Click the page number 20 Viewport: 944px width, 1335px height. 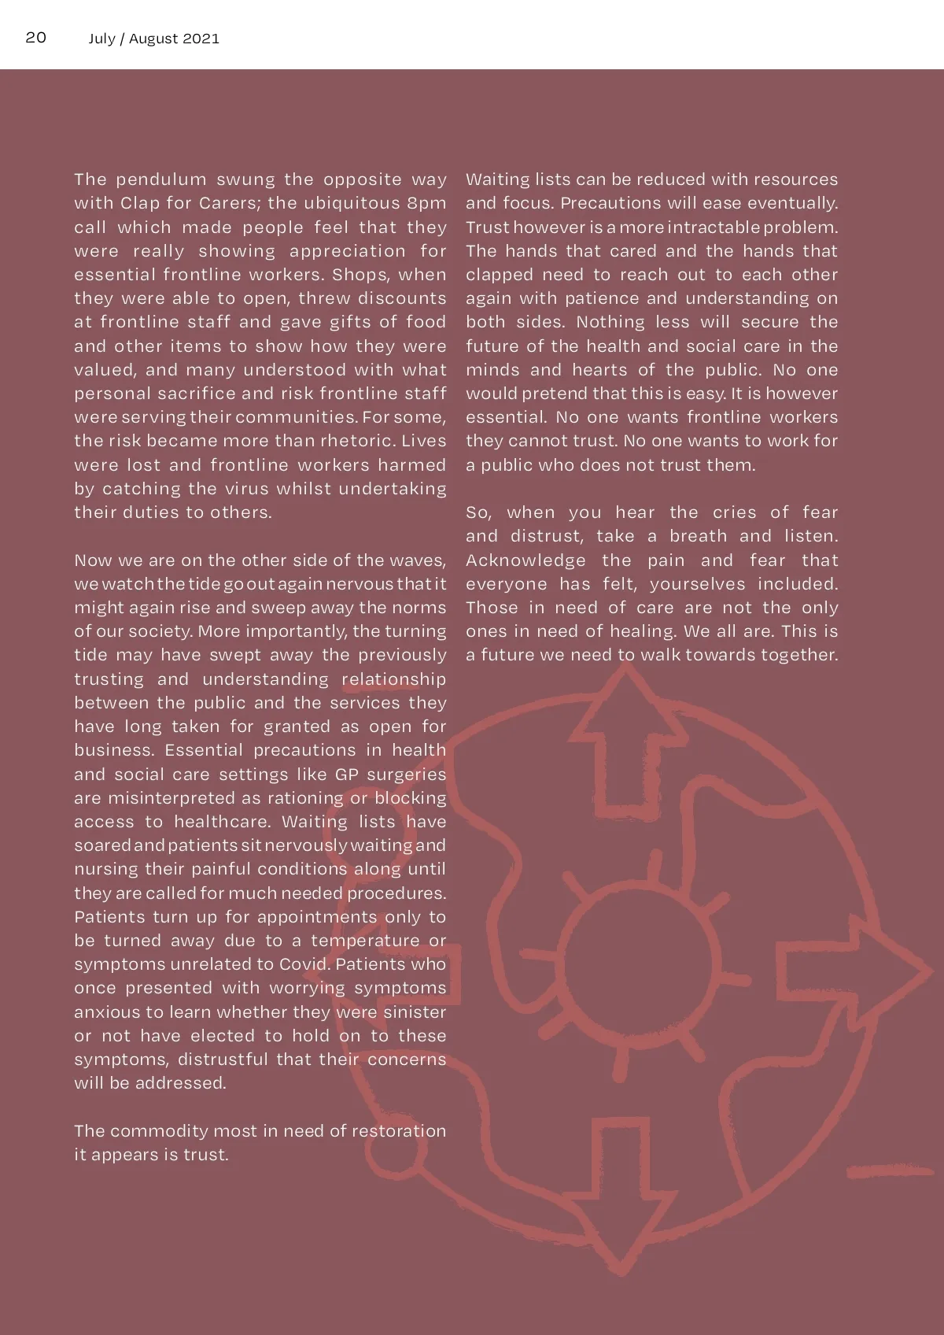(36, 38)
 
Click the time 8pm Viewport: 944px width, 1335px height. (426, 203)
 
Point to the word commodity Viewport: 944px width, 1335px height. (159, 1130)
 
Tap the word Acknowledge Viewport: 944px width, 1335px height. (525, 560)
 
